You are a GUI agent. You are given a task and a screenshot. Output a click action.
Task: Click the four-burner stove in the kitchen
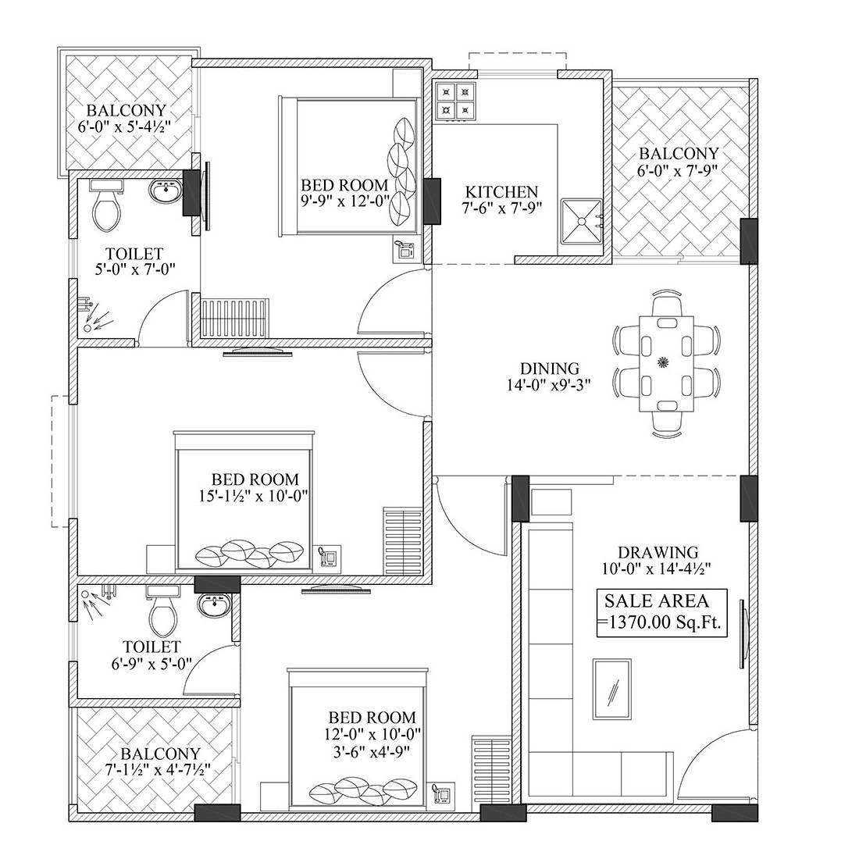[x=455, y=102]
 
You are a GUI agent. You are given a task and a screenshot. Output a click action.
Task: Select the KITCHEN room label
[x=501, y=191]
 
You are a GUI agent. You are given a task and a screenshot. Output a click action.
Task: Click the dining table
[x=665, y=362]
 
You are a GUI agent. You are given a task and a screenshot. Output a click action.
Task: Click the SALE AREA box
[x=662, y=612]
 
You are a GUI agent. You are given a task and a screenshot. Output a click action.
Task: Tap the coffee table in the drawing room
[x=613, y=688]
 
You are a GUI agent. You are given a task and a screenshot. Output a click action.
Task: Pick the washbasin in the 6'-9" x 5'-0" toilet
[x=212, y=604]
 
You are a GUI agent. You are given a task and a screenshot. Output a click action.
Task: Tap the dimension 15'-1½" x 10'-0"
[x=255, y=495]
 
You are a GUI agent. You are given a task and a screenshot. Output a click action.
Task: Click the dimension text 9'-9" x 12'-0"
[x=344, y=201]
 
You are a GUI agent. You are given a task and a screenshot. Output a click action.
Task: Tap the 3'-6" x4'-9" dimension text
[x=372, y=751]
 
